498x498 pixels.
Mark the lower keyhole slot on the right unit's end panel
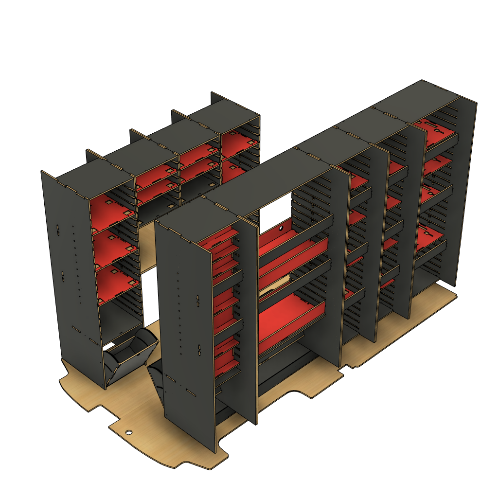[199, 349]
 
